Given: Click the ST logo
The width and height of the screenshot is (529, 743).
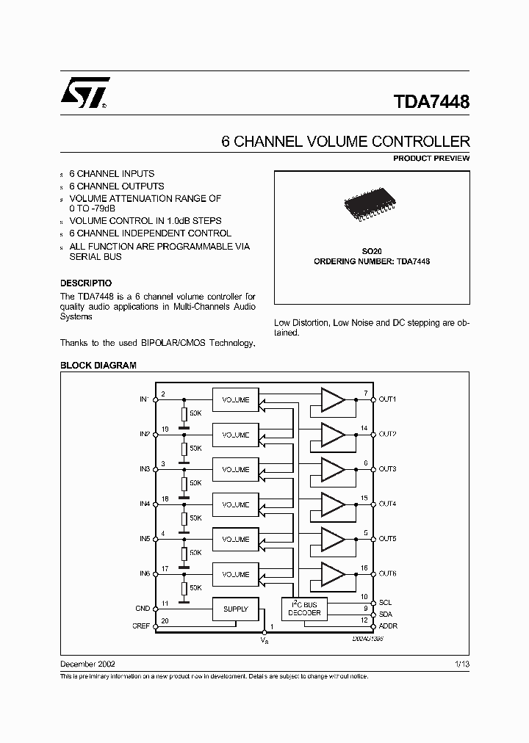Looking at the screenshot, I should (x=85, y=93).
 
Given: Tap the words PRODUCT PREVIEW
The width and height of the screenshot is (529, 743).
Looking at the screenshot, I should (x=431, y=159).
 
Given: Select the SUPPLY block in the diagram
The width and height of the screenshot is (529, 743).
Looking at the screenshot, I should (x=235, y=609).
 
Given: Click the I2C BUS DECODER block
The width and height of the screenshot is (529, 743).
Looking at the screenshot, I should (x=303, y=608).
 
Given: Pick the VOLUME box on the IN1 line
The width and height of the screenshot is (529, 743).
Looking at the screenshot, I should (x=236, y=399).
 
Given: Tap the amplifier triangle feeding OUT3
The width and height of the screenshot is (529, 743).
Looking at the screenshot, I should (x=332, y=469).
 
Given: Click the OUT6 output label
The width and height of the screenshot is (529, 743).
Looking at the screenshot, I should (x=387, y=574).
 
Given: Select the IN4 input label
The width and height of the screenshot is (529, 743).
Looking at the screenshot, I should (x=144, y=504).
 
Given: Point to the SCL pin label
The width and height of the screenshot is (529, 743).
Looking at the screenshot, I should (x=385, y=602).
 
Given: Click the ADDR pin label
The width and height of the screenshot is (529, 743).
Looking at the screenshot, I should (x=388, y=626).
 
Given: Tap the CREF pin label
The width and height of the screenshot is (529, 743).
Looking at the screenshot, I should (x=142, y=626).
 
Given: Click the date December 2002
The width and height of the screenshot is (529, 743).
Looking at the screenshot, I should (x=87, y=662).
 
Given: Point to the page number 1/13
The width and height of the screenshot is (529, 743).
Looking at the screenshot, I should (x=462, y=662).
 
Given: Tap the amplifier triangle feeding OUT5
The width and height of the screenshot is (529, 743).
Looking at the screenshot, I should (x=332, y=539).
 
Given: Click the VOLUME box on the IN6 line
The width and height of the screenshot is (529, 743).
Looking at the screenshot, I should (x=236, y=574).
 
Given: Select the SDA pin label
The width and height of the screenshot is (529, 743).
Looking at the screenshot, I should (x=385, y=615).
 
